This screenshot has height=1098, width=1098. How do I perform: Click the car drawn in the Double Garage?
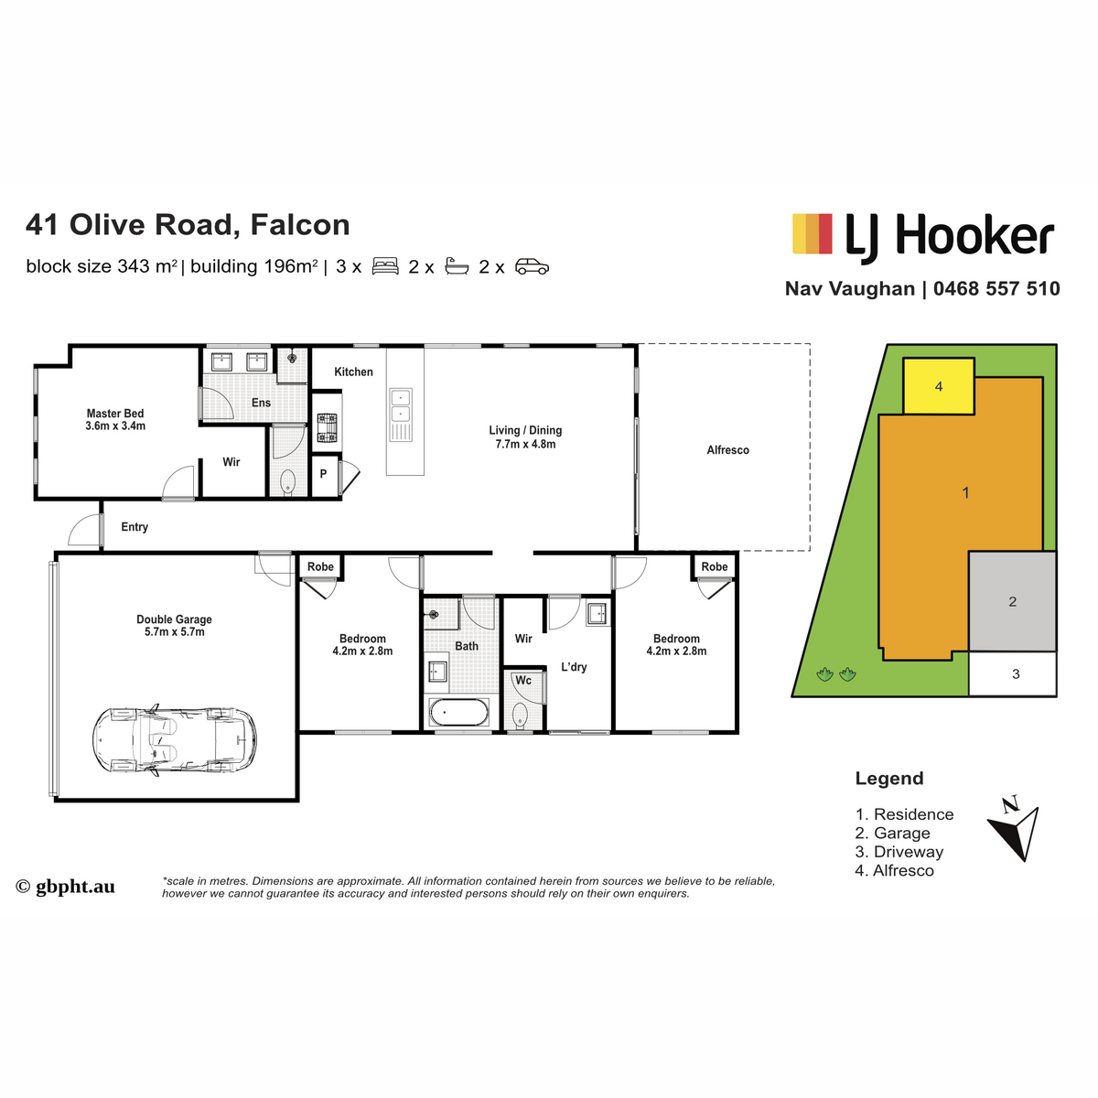(x=174, y=740)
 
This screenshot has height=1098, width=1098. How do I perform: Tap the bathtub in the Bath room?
(x=458, y=712)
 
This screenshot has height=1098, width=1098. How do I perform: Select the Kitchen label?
(x=353, y=371)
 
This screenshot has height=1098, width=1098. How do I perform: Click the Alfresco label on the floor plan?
(x=727, y=450)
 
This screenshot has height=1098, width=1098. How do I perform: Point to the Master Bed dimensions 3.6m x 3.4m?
(x=115, y=426)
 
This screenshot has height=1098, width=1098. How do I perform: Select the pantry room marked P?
(x=323, y=474)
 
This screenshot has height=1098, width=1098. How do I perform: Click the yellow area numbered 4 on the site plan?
(x=939, y=386)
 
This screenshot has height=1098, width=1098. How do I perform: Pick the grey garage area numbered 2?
(x=1013, y=601)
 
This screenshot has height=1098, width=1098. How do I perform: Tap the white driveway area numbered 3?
(x=1013, y=674)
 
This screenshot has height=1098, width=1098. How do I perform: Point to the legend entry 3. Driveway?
(x=899, y=852)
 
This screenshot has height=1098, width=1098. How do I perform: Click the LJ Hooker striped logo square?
(x=812, y=233)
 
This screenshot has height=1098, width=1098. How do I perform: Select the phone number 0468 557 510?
(x=996, y=289)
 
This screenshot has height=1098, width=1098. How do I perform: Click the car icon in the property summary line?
(x=532, y=266)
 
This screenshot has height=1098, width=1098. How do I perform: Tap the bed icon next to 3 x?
(x=385, y=266)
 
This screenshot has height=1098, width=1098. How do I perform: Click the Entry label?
(x=135, y=527)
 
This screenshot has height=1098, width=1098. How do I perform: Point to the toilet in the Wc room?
(x=520, y=716)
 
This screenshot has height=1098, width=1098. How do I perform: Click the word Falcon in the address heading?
(x=300, y=224)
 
